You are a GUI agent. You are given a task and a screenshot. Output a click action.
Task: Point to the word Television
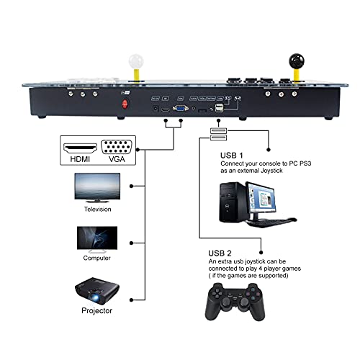click(96, 210)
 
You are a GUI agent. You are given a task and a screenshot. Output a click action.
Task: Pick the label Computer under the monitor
click(96, 257)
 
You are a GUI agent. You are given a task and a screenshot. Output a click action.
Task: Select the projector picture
click(96, 292)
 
